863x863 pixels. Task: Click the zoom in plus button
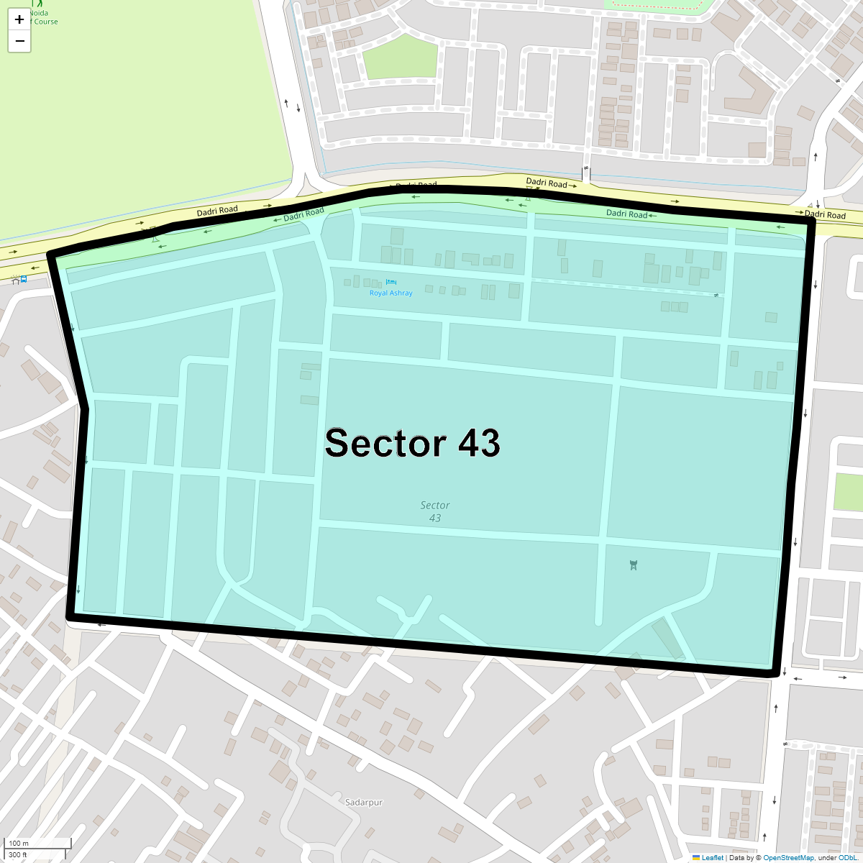coord(19,19)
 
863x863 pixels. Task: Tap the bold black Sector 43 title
coord(412,443)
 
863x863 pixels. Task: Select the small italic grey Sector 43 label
coord(435,511)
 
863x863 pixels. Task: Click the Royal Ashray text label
coord(391,293)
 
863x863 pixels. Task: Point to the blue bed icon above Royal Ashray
coord(391,282)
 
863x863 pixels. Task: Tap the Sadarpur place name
coord(364,803)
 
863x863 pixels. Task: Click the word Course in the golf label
coord(46,22)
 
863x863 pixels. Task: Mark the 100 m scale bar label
coord(19,844)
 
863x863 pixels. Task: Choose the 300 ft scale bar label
coord(18,855)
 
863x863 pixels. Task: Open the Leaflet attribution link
coord(712,858)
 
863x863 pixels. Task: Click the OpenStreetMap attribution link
coord(788,858)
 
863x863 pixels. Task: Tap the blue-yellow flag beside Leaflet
coord(695,858)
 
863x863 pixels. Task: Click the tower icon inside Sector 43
coord(633,565)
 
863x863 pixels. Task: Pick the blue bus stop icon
coord(24,279)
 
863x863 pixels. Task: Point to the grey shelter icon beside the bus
coord(15,279)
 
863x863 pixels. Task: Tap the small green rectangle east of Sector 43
coord(848,493)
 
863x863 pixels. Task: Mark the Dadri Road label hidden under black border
coord(417,186)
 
